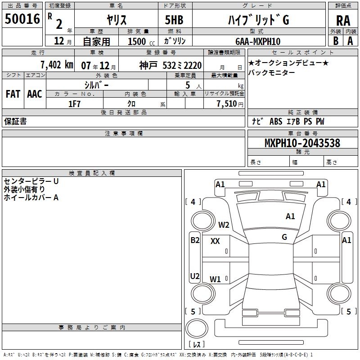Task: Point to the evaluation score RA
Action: [343, 20]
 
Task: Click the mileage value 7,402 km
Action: [56, 64]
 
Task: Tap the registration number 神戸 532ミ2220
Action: [171, 65]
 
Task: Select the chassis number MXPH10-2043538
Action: [302, 143]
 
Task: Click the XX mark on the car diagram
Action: [215, 241]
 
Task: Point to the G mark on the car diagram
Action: [284, 237]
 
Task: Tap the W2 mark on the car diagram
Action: [224, 225]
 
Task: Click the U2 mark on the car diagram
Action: [195, 276]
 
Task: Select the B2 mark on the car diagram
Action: [195, 240]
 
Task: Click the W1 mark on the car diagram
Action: [215, 279]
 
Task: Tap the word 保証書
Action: [15, 121]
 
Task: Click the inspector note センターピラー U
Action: [31, 181]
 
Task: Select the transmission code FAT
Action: [13, 94]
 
